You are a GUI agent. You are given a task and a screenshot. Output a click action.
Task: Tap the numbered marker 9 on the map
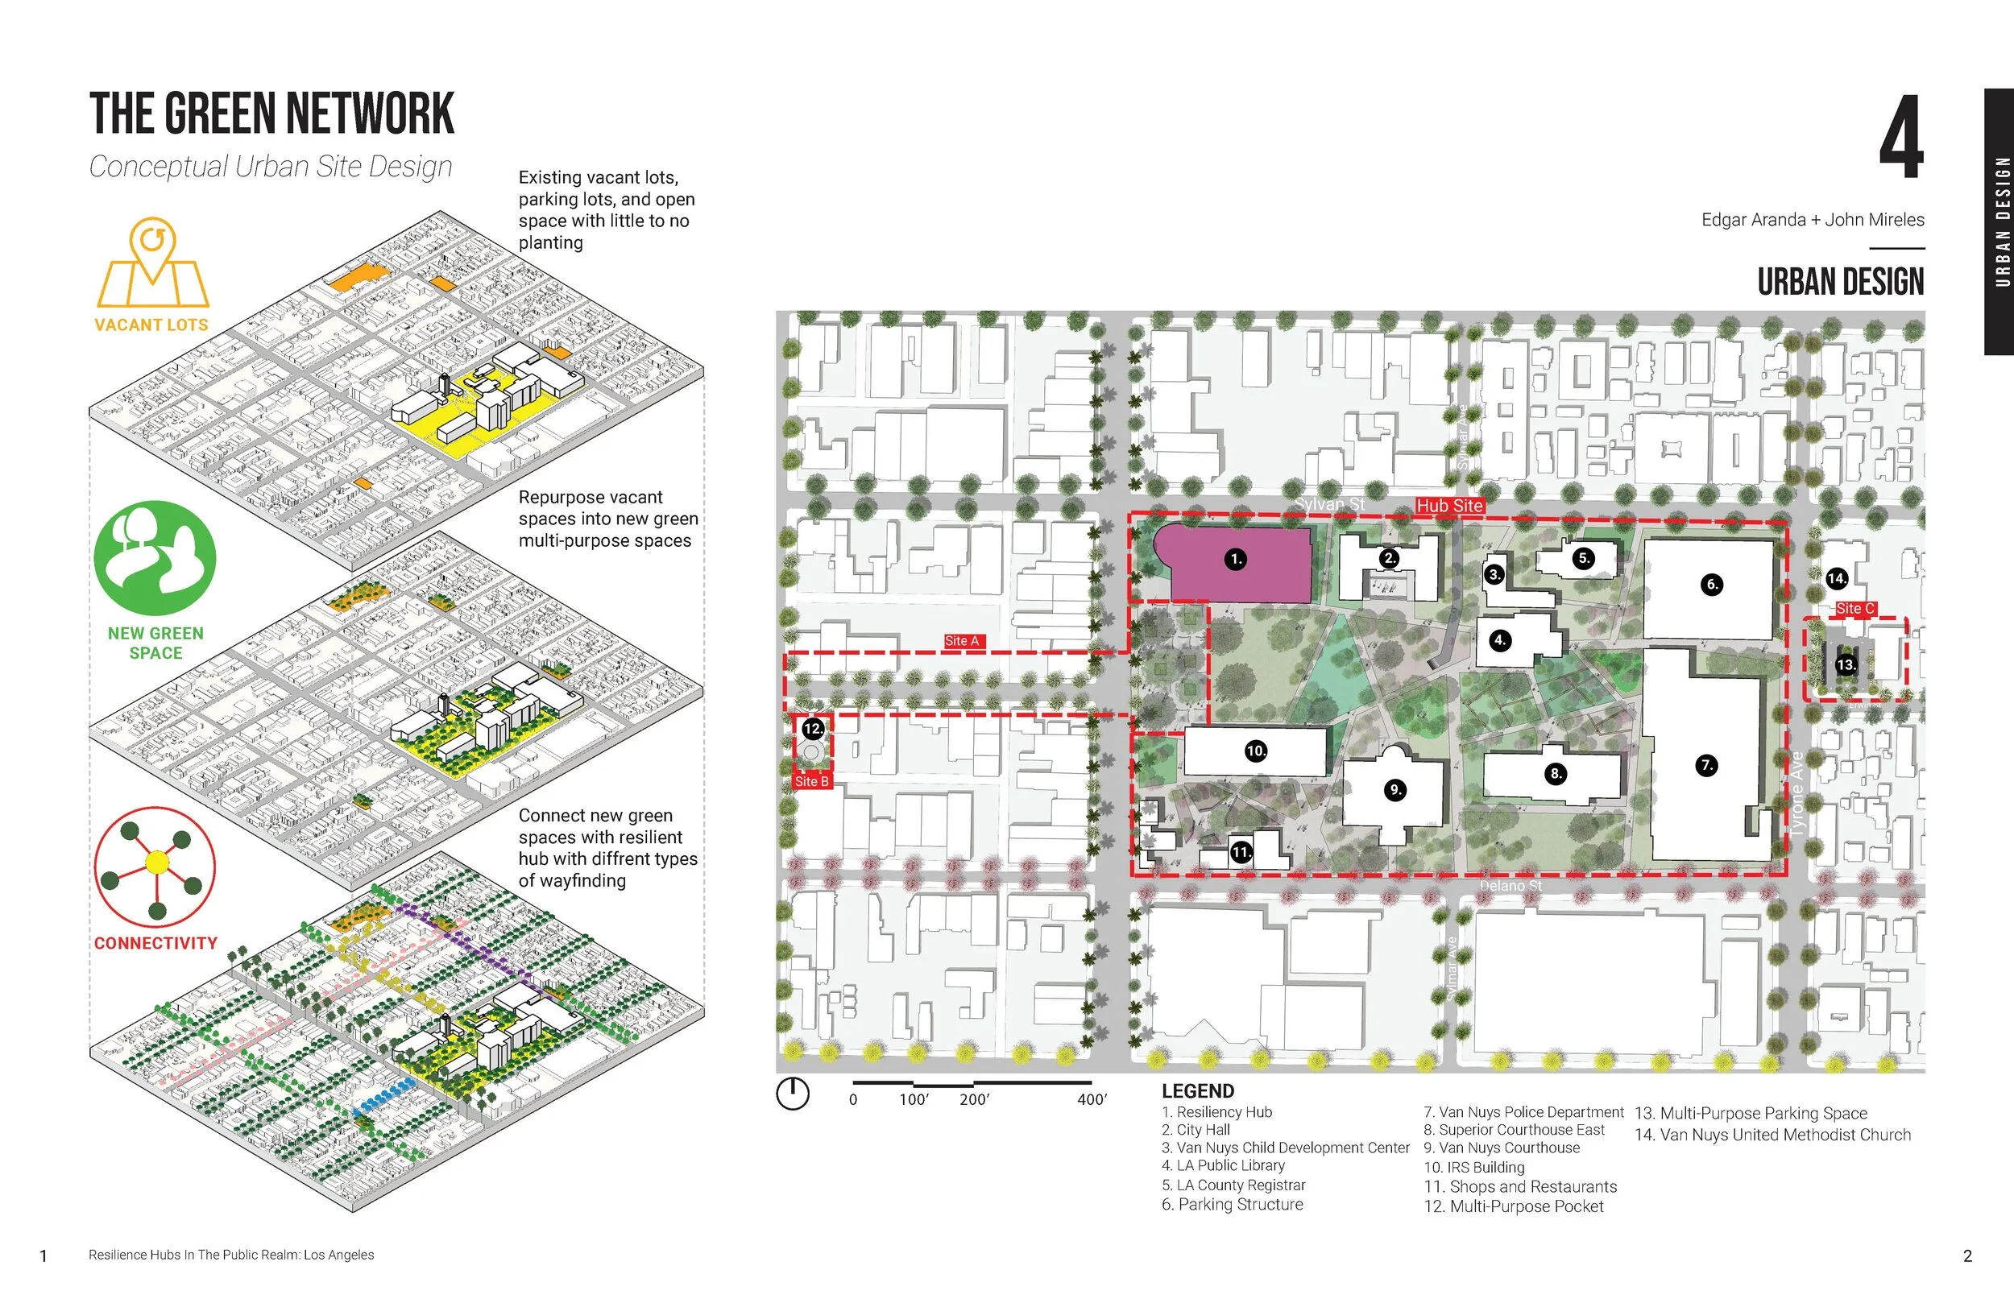1394,789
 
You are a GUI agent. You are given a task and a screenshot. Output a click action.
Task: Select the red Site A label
962,641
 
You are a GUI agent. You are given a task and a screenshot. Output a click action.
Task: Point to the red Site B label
811,781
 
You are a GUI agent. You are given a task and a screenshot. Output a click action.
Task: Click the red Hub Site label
1449,506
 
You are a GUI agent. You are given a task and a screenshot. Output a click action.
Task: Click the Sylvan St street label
1329,504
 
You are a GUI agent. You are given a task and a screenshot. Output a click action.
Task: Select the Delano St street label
1510,886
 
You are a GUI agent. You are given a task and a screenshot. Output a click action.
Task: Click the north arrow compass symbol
793,1093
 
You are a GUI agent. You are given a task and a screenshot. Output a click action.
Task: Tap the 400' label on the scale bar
1092,1099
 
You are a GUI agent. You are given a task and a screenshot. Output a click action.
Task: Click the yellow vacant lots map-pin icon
153,263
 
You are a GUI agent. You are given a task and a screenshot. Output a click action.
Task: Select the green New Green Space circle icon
155,557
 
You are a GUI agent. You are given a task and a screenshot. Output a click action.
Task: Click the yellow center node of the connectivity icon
157,862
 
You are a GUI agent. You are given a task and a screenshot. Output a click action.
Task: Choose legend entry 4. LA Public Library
1223,1165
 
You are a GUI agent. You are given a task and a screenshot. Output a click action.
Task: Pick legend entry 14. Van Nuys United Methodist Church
1772,1135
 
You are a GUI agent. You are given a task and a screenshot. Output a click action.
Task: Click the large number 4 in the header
1900,137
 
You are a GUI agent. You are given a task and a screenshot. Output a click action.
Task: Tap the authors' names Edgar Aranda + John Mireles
1813,220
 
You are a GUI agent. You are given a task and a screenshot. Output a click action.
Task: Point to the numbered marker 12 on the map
812,729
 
